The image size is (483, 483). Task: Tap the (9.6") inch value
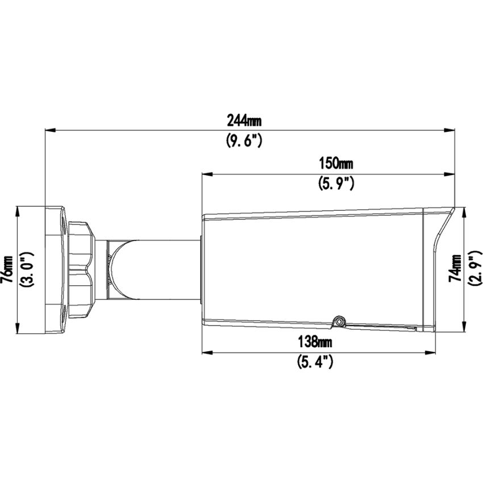[244, 141]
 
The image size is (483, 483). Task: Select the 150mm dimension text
[335, 164]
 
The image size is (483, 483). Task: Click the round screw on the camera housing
[339, 322]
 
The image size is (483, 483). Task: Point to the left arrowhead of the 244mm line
[49, 131]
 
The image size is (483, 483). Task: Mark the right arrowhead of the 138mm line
[430, 352]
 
